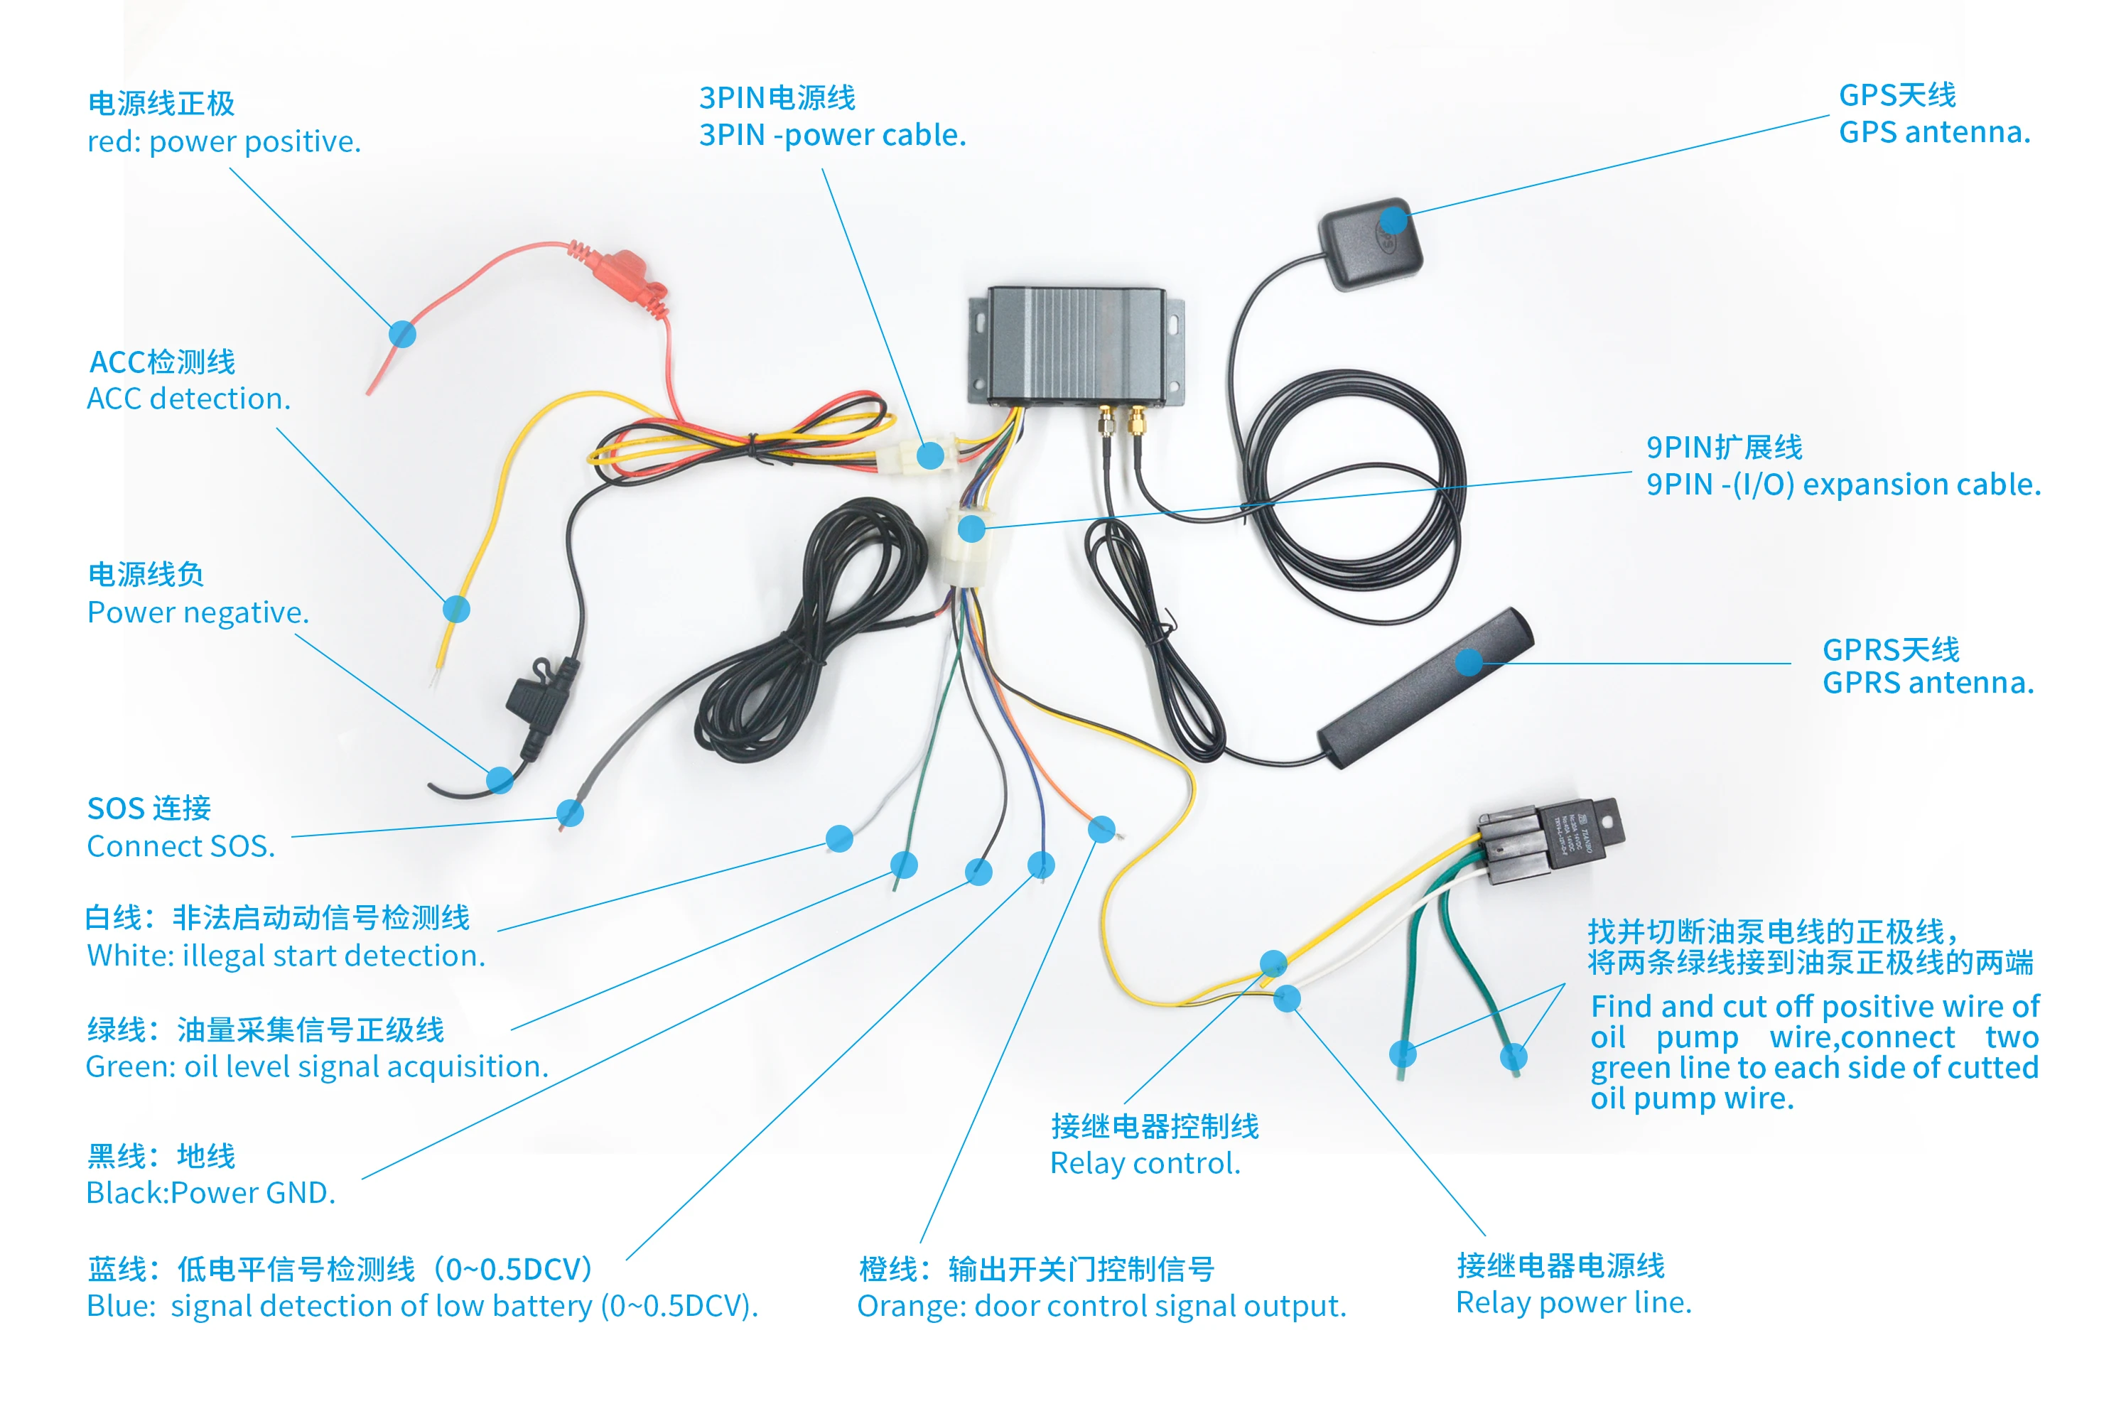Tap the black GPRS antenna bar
click(x=1423, y=688)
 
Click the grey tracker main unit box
click(x=1077, y=345)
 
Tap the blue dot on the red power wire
click(x=402, y=335)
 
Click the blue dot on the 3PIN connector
click(x=930, y=455)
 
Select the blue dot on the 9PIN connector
click(x=971, y=529)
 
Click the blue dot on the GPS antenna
click(x=1394, y=220)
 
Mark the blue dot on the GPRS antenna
click(x=1469, y=662)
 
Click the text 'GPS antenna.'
click(x=1934, y=132)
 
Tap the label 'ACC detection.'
click(x=188, y=399)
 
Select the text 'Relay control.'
click(x=1145, y=1162)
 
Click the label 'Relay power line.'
click(x=1573, y=1302)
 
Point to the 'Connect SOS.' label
click(x=180, y=846)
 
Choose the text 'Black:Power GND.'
click(x=210, y=1193)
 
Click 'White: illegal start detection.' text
click(x=286, y=956)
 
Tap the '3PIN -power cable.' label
click(x=832, y=135)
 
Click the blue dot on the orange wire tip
click(x=1101, y=829)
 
